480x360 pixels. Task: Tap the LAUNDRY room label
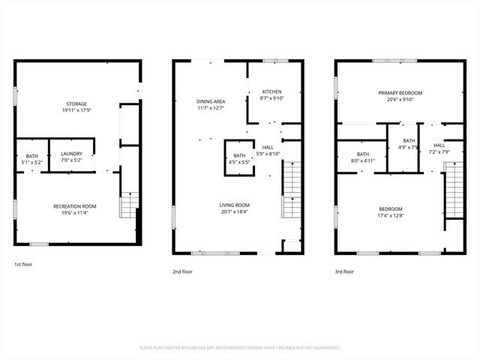pyautogui.click(x=71, y=154)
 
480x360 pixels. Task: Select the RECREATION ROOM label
pyautogui.click(x=74, y=206)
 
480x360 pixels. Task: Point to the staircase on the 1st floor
pyautogui.click(x=130, y=204)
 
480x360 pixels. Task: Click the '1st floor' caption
pyautogui.click(x=23, y=265)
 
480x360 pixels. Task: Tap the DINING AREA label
pyautogui.click(x=211, y=101)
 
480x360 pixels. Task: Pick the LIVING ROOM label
pyautogui.click(x=235, y=205)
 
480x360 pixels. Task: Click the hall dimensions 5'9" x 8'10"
pyautogui.click(x=268, y=154)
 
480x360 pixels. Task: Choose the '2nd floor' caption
pyautogui.click(x=182, y=271)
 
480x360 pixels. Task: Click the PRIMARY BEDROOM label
pyautogui.click(x=400, y=93)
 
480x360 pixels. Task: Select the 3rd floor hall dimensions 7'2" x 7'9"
pyautogui.click(x=439, y=152)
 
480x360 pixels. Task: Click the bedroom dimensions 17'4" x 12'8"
pyautogui.click(x=390, y=216)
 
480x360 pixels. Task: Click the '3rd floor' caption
pyautogui.click(x=343, y=271)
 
